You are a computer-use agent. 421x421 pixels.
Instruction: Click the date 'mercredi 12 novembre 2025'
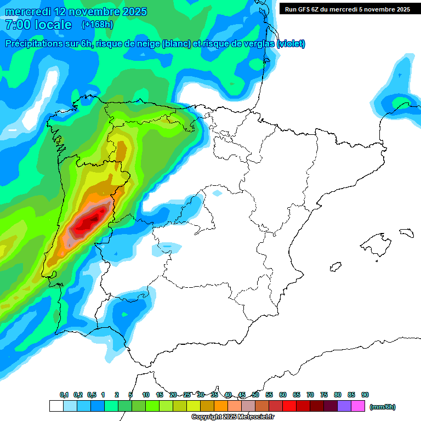76,12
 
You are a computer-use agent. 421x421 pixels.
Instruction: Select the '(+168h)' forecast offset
97,25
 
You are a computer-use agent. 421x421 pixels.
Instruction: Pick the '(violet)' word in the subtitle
291,44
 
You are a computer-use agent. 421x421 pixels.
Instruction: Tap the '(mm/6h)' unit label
382,407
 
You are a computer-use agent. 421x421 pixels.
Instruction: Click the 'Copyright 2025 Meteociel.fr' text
233,417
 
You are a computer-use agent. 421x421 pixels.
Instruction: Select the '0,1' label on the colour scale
64,395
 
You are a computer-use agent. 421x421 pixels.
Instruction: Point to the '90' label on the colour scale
365,395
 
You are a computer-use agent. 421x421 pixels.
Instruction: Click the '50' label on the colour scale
255,395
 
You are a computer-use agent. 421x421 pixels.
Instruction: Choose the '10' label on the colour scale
146,395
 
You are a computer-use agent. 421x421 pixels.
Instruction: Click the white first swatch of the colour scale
56,406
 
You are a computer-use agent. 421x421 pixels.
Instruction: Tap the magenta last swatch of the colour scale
358,406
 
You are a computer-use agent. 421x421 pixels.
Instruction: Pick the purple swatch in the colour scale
344,406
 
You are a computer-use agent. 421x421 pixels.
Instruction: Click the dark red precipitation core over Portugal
88,222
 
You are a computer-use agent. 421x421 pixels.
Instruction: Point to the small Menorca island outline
406,232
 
